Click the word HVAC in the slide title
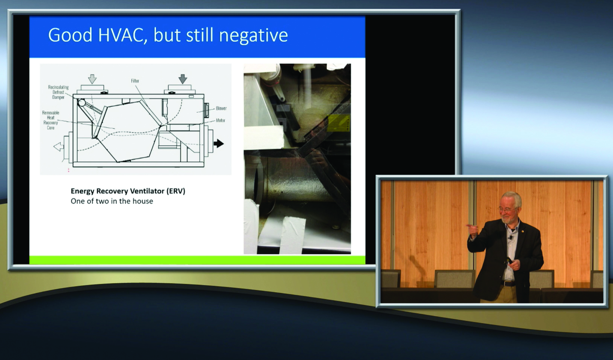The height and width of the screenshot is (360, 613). pos(120,35)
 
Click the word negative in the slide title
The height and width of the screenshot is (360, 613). pos(253,35)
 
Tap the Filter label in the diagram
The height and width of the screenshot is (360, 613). pos(135,81)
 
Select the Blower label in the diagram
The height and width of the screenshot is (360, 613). pos(221,108)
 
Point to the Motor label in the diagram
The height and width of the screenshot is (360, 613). pos(220,121)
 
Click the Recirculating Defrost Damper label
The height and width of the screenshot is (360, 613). pos(58,92)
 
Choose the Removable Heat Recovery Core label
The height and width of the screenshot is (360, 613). pos(51,120)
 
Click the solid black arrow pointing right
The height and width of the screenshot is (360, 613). pos(219,143)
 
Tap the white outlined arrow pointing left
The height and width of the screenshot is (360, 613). pos(59,147)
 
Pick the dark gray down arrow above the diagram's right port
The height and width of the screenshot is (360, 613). pos(183,79)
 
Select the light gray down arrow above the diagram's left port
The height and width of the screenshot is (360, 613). pos(92,79)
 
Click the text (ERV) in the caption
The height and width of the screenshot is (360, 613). pos(176,191)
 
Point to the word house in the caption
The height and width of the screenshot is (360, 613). pos(143,201)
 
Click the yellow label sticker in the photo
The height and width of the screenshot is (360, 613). pos(339,123)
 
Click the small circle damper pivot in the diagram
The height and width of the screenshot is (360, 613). pos(82,102)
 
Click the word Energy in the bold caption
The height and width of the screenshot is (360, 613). pos(82,191)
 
